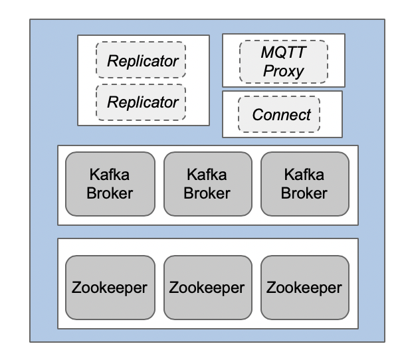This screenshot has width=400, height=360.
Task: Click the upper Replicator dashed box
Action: pos(141,61)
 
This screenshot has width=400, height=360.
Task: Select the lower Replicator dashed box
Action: pos(141,102)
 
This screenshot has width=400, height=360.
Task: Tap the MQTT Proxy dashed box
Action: pos(283,61)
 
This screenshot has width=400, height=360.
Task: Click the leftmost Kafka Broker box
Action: pos(110,184)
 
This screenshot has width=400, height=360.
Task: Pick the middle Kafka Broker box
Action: pos(207,184)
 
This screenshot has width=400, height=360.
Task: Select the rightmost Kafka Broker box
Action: pos(305,184)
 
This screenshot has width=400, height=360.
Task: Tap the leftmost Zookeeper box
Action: pos(110,288)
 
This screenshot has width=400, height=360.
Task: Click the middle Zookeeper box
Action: pos(207,288)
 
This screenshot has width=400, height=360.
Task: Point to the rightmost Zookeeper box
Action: pos(305,288)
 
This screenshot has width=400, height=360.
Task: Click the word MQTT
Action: pos(283,53)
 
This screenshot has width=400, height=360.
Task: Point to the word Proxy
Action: pos(283,70)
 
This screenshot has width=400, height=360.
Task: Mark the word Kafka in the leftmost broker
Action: pos(110,175)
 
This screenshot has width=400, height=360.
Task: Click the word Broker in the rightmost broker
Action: pos(305,193)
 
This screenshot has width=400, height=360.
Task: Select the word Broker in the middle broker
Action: pos(207,193)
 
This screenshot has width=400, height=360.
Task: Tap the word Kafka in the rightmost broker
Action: pos(305,175)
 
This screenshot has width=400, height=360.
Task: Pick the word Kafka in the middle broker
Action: pos(207,175)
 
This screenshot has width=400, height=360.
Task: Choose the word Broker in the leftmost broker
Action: pos(110,193)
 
